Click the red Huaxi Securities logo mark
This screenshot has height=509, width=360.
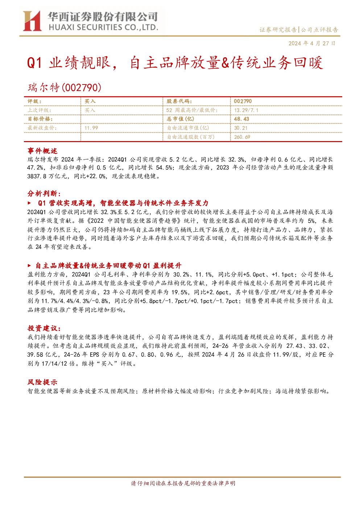tap(32, 21)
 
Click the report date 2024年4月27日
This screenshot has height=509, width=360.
tap(312, 43)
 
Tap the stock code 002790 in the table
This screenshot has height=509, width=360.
tap(243, 101)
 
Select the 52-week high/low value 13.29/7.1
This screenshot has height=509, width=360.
tap(246, 110)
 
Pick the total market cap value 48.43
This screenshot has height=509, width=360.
tap(241, 119)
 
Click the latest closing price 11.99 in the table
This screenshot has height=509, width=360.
tap(91, 128)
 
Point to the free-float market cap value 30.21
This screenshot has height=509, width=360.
tap(241, 128)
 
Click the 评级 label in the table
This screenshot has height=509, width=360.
tap(34, 102)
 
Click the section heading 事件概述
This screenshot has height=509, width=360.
tap(42, 151)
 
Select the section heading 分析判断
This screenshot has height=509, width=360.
tap(44, 194)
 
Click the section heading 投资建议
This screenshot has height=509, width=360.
tap(44, 328)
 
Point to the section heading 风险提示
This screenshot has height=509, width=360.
tap(42, 382)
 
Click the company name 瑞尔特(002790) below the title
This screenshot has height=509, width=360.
tap(64, 87)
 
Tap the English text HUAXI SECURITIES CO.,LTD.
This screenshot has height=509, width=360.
tap(104, 28)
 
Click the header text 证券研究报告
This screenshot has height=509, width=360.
tap(278, 30)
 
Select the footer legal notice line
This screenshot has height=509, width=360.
tap(183, 483)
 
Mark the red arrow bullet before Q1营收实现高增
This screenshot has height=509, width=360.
tap(29, 203)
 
